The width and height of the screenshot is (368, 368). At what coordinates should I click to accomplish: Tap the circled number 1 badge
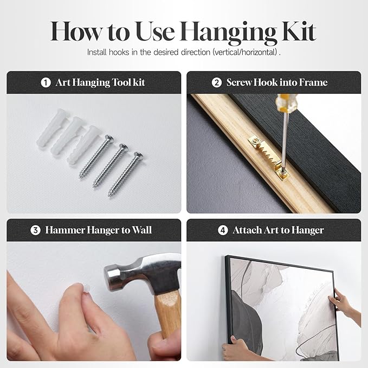click(x=46, y=82)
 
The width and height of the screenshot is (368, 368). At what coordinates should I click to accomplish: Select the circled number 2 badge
click(x=217, y=82)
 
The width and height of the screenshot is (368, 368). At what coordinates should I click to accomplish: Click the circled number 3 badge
click(x=35, y=230)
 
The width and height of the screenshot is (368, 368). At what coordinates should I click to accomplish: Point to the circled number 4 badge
click(x=223, y=230)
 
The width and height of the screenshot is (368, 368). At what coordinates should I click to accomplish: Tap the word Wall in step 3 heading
click(x=142, y=230)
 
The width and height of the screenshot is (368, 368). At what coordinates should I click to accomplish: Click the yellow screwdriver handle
click(x=285, y=102)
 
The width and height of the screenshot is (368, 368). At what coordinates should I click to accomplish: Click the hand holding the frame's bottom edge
click(x=235, y=348)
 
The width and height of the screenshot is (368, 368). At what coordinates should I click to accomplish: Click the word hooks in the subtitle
click(x=119, y=52)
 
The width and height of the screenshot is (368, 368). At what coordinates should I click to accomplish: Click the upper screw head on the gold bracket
click(x=256, y=141)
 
